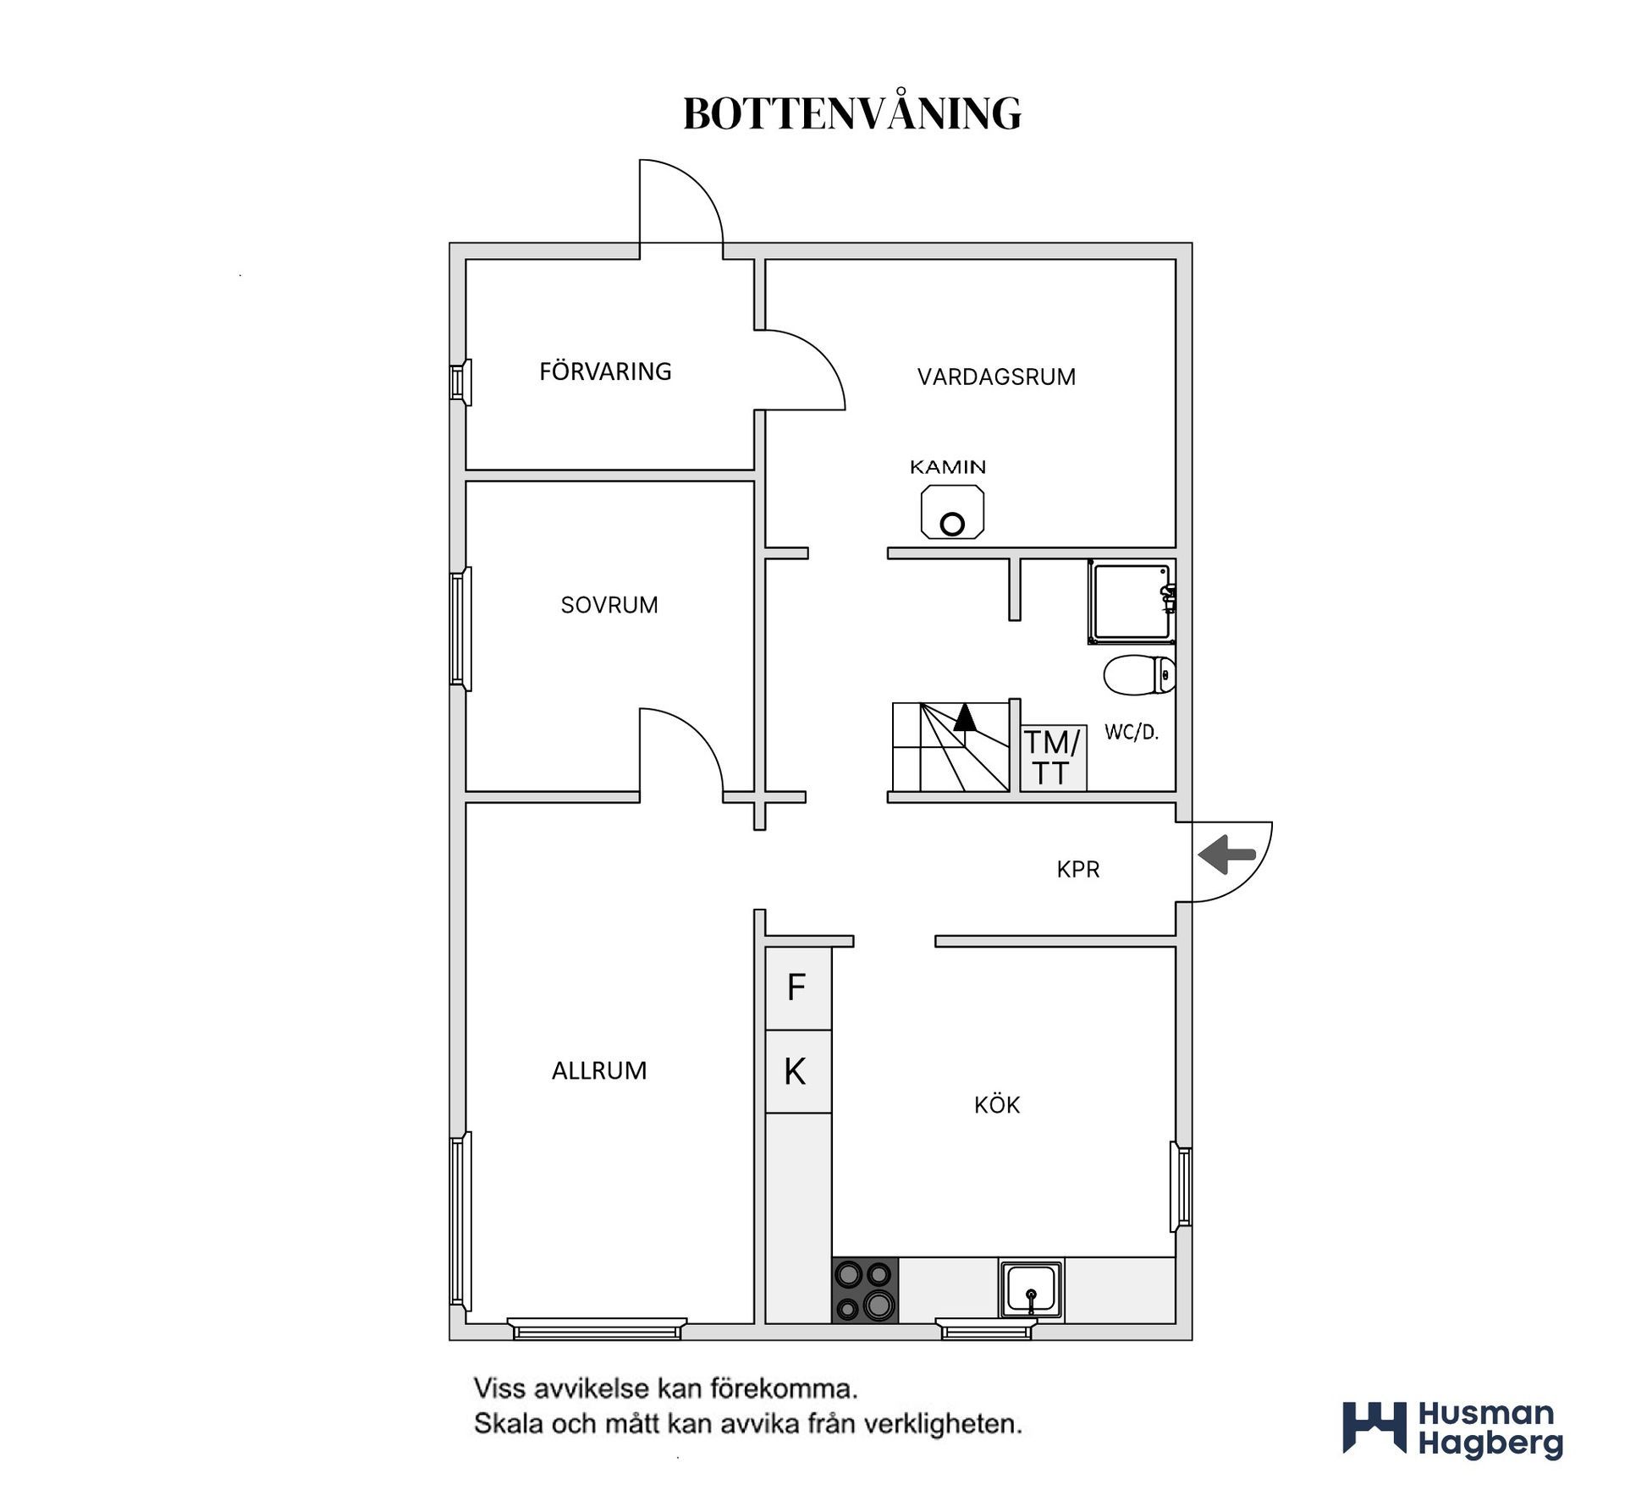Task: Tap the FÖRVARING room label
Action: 605,371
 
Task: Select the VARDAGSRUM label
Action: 996,377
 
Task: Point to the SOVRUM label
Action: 609,605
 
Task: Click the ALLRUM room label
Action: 599,1070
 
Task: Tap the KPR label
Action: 1077,869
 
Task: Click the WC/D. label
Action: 1131,732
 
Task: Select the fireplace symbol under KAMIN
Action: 952,511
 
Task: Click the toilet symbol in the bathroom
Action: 1139,675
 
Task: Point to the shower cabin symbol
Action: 1132,602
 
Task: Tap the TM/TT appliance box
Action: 1053,757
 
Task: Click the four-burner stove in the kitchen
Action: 865,1289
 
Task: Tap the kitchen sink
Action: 1031,1289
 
